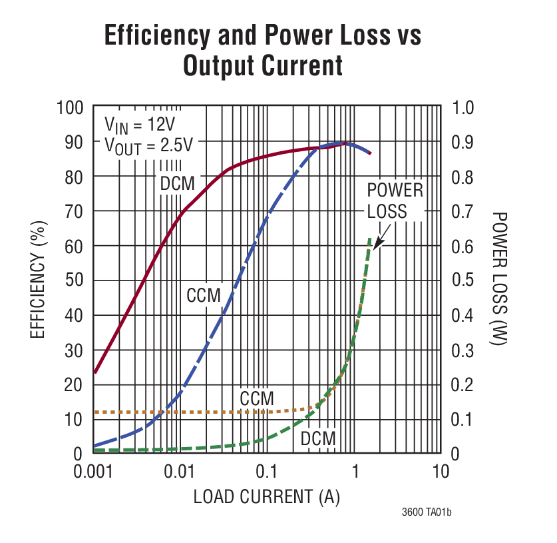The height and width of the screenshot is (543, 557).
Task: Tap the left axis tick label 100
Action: coord(69,107)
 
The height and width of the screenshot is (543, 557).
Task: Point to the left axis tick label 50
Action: coord(74,280)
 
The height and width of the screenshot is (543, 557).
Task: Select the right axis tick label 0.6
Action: coord(463,246)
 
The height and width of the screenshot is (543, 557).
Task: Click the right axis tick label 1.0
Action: coord(463,107)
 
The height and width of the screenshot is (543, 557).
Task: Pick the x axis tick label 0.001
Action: coord(93,472)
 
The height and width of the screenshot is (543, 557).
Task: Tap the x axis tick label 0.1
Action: coord(266,472)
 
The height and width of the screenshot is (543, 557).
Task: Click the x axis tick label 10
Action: coord(440,472)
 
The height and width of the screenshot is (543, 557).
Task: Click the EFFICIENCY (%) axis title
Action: coord(38,280)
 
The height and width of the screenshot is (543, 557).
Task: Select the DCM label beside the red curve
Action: coord(177,184)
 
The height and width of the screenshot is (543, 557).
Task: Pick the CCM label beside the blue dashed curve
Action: coord(204,295)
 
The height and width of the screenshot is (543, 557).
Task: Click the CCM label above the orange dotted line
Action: coord(257,398)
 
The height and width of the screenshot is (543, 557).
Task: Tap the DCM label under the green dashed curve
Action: coord(318,438)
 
